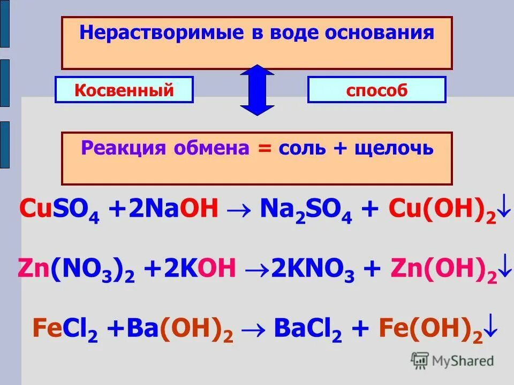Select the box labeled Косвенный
pos(124,90)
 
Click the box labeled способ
pos(376,90)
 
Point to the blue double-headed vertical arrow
pos(257,90)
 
